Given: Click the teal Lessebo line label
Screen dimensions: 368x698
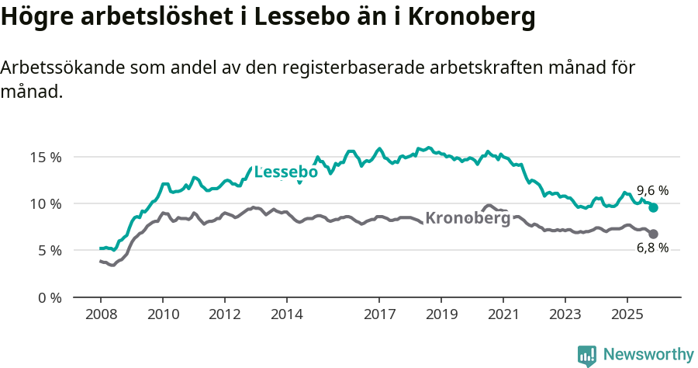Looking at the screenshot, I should pyautogui.click(x=286, y=172).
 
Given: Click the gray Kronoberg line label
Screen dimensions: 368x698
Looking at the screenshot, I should pyautogui.click(x=468, y=218).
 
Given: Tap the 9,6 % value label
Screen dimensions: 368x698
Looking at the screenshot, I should pyautogui.click(x=652, y=190).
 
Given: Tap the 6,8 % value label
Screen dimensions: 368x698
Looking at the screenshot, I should pyautogui.click(x=652, y=248).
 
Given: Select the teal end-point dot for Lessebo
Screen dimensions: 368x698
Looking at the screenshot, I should pyautogui.click(x=654, y=207).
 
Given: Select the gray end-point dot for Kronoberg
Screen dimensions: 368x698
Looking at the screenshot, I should pyautogui.click(x=654, y=234).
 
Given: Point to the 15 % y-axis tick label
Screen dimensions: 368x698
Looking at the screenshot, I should pyautogui.click(x=46, y=157).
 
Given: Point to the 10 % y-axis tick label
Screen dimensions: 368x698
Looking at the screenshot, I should pyautogui.click(x=46, y=203).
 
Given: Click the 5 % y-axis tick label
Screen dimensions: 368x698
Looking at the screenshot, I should pyautogui.click(x=49, y=250).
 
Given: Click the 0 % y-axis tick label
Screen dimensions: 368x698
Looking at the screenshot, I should pyautogui.click(x=49, y=297).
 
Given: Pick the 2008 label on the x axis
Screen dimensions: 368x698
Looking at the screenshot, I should pyautogui.click(x=101, y=314).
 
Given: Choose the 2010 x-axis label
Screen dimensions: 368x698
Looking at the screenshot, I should pyautogui.click(x=163, y=314).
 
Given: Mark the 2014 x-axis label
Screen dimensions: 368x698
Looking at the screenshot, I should pyautogui.click(x=286, y=314).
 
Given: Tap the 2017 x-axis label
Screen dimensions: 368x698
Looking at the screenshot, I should pyautogui.click(x=379, y=314).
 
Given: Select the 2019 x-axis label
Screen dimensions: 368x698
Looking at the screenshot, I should pyautogui.click(x=441, y=314).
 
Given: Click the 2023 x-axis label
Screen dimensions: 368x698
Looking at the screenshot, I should pyautogui.click(x=565, y=314).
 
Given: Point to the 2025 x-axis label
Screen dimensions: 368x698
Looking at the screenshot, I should pyautogui.click(x=627, y=314).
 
